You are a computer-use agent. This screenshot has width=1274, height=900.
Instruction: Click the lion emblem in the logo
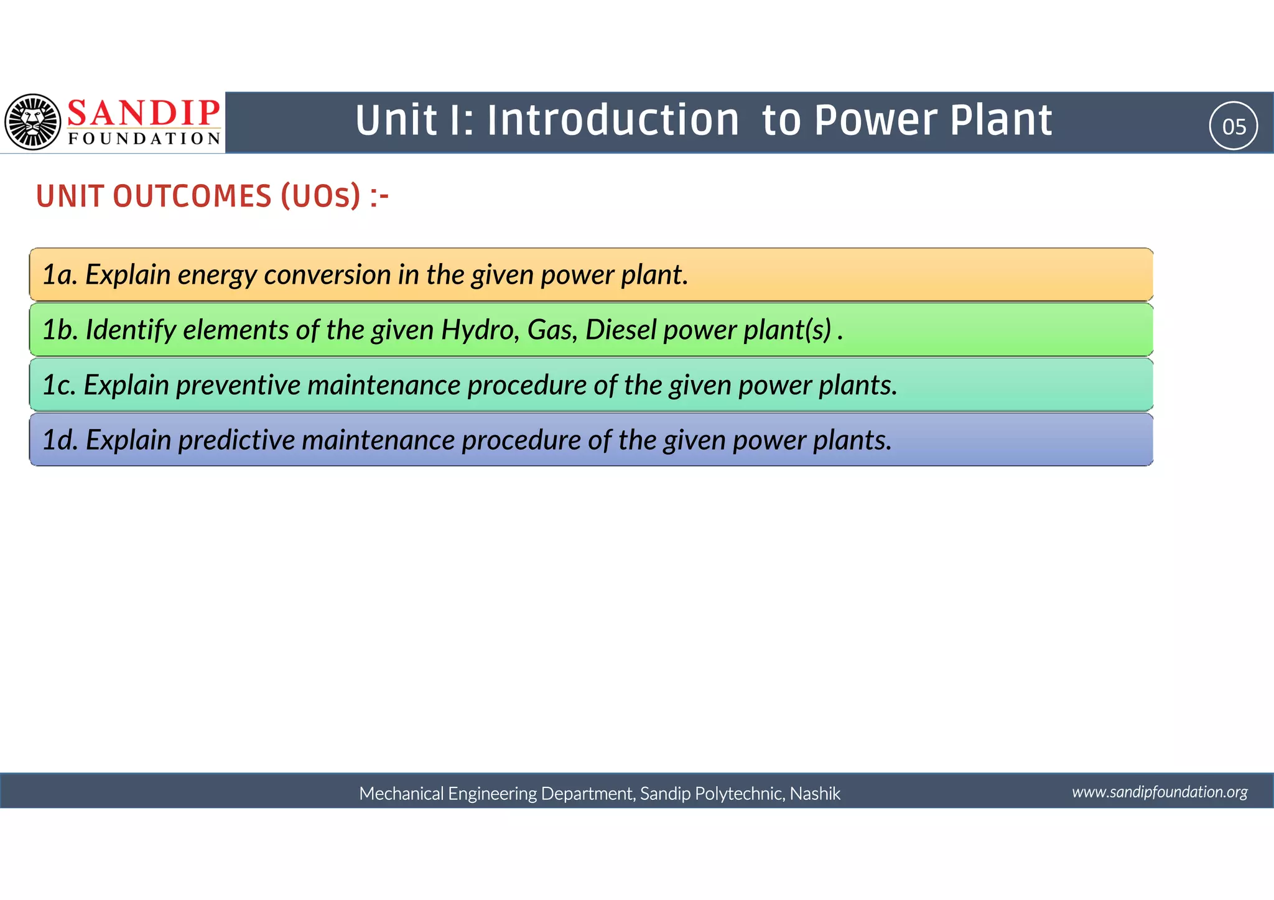(x=33, y=122)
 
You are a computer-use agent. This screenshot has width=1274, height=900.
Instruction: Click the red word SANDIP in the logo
(x=143, y=113)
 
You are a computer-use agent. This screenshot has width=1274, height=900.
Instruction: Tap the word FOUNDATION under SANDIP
(x=144, y=139)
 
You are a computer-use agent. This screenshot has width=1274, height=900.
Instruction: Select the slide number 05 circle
(x=1234, y=126)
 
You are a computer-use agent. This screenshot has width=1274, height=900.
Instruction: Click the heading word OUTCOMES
(x=192, y=197)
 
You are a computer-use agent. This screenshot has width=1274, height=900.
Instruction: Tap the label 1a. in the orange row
(x=60, y=275)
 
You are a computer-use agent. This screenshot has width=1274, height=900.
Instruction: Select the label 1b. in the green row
(x=60, y=330)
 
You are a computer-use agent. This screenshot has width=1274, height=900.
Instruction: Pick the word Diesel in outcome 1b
(x=620, y=330)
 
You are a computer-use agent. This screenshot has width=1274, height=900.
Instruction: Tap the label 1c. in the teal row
(x=59, y=385)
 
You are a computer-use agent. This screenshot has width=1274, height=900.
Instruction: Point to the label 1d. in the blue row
(x=60, y=440)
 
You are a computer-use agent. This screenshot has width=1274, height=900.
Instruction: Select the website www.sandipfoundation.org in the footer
(x=1160, y=792)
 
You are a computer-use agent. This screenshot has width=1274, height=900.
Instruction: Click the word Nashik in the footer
(x=815, y=794)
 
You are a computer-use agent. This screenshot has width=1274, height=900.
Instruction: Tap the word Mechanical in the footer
(x=401, y=794)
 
